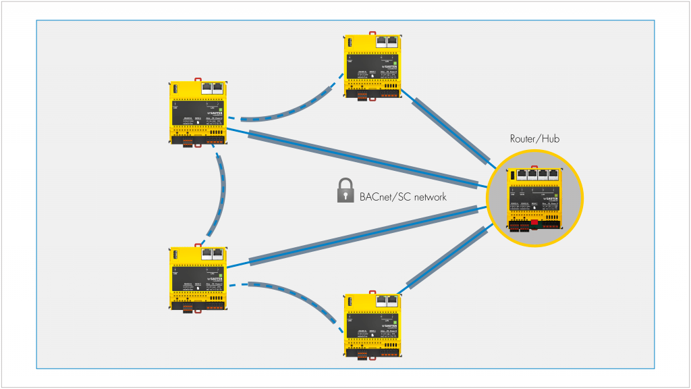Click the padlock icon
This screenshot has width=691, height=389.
(345, 191)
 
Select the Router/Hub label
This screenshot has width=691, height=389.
(534, 140)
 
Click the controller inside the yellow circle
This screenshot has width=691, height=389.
(534, 199)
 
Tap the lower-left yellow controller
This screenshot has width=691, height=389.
(198, 278)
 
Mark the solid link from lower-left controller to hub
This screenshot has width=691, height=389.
(364, 236)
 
